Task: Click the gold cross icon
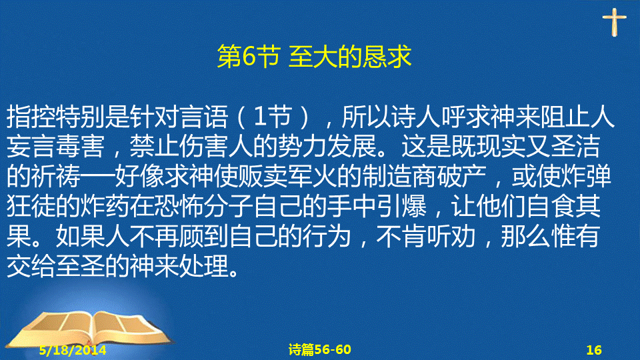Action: (614, 22)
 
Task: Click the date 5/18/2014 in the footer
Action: (73, 350)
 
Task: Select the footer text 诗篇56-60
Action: (319, 349)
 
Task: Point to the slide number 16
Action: (594, 350)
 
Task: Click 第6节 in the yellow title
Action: (248, 56)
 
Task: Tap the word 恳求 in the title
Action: (387, 56)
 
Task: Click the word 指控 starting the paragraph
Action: (31, 117)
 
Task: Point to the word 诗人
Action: (415, 117)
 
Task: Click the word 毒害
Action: (81, 147)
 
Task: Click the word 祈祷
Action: (56, 177)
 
